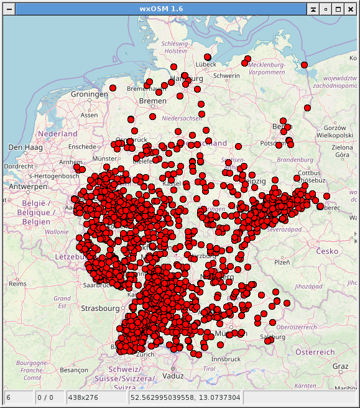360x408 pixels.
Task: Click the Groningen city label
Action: tap(90, 94)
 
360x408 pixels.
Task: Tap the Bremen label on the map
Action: tap(153, 101)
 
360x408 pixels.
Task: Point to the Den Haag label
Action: tap(24, 147)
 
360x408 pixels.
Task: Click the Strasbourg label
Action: tap(99, 308)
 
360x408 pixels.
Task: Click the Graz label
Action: tap(340, 366)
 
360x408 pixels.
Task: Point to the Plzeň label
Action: tap(282, 262)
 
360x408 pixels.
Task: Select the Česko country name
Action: tap(326, 251)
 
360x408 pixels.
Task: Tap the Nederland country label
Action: tap(57, 134)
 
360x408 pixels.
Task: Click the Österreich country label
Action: tap(315, 352)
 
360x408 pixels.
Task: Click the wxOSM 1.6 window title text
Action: tap(180, 9)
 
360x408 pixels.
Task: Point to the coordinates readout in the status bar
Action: tap(185, 396)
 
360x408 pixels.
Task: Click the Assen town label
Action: tap(90, 115)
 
